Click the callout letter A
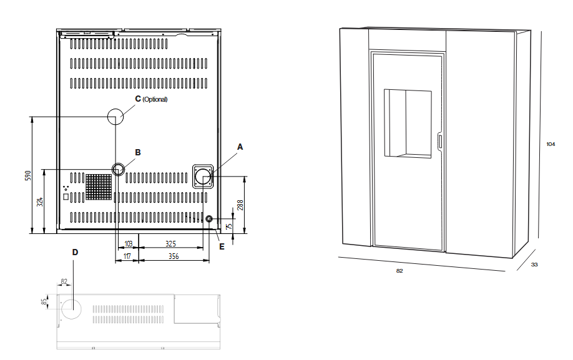(240, 147)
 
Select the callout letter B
(138, 152)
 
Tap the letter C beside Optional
(138, 99)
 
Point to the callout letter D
(75, 252)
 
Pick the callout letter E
(222, 247)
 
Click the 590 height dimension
(29, 175)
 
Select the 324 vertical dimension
(40, 202)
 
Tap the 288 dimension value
(240, 205)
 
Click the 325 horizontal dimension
(170, 243)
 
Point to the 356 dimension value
(174, 256)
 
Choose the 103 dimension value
(128, 243)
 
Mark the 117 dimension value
(127, 256)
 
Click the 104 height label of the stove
(551, 144)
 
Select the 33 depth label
(534, 265)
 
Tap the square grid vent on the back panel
(99, 187)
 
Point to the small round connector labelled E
(209, 219)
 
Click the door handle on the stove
(440, 142)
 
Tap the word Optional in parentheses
(155, 99)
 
